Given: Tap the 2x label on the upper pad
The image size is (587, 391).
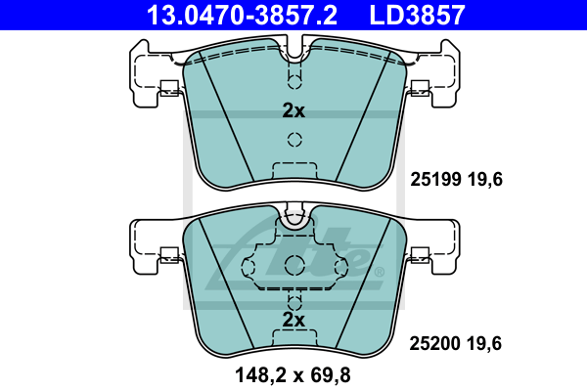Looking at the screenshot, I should (x=293, y=110).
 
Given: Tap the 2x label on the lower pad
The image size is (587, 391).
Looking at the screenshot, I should (x=293, y=320).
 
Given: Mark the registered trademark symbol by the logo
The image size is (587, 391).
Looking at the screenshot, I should (x=379, y=271).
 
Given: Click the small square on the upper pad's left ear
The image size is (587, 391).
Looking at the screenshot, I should (x=167, y=86).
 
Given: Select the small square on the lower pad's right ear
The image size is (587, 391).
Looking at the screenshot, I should (x=420, y=257).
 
